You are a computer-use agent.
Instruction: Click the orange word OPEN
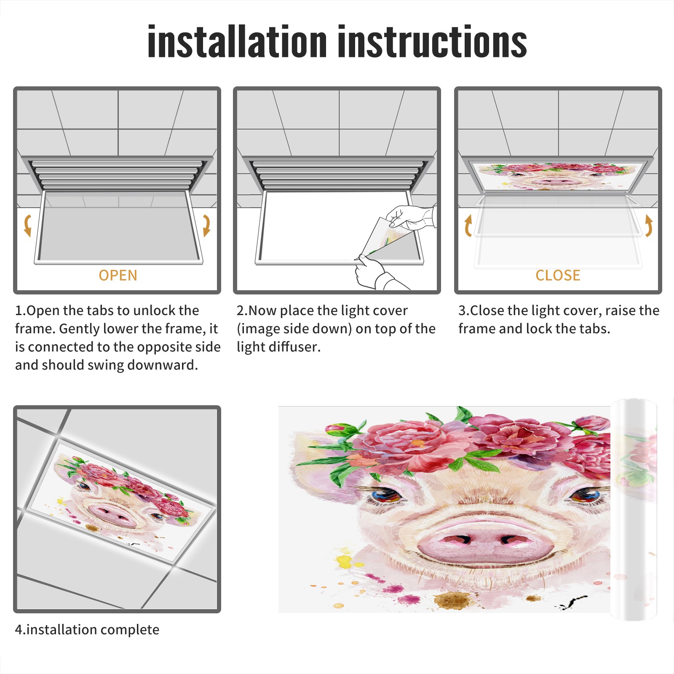pos(118,275)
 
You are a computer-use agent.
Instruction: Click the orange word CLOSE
pos(558,275)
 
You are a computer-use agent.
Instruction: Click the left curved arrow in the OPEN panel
pos(27,225)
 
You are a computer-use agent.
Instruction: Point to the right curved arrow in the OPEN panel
pos(206,225)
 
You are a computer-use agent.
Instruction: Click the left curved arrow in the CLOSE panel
pos(468,225)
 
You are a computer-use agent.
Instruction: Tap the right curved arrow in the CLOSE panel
pos(649,225)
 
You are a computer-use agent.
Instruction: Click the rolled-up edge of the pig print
pos(634,510)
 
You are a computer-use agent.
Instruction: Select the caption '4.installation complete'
pos(87,630)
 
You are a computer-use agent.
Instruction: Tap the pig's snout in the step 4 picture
pos(112,515)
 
